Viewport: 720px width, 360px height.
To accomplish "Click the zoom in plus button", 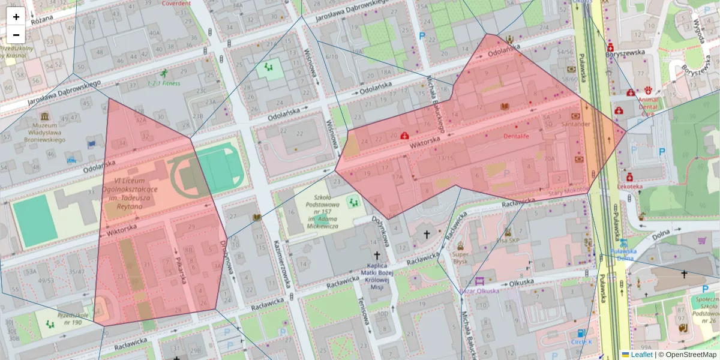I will coord(16,17).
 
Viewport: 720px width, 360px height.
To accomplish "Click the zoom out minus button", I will coord(16,34).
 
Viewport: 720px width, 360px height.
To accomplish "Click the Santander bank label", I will coord(575,124).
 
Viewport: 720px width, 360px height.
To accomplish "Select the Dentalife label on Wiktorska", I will coord(516,137).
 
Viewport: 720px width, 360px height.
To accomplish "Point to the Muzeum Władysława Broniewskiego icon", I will coord(44,115).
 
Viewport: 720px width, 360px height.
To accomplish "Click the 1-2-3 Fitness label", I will coord(163,83).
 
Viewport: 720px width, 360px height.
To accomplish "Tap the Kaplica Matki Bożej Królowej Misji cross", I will coord(377,255).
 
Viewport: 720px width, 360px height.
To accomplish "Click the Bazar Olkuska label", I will coord(479,291).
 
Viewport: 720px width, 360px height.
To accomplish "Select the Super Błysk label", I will coord(460,257).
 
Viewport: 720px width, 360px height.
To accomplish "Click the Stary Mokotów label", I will coord(568,190).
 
